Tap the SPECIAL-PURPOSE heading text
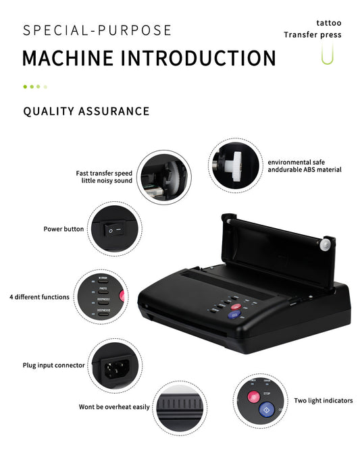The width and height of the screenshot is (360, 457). (x=97, y=30)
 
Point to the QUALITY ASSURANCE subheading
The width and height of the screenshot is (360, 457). (x=86, y=111)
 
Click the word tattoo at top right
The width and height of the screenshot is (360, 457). (x=328, y=22)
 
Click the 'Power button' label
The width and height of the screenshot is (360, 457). (x=63, y=229)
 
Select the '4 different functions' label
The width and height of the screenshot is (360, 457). (x=39, y=296)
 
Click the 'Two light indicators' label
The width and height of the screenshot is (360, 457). (x=323, y=400)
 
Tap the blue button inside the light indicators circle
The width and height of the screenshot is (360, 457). (x=265, y=408)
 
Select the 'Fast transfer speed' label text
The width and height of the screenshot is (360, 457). (x=103, y=173)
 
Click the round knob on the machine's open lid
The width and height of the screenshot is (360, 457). (x=328, y=244)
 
